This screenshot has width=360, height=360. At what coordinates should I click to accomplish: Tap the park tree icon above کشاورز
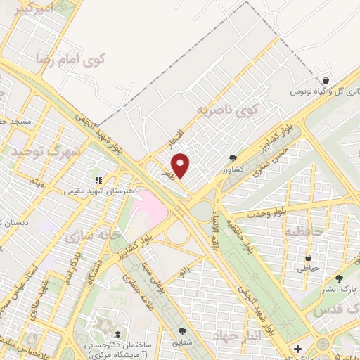pyautogui.click(x=233, y=158)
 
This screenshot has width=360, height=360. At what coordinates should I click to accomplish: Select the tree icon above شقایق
pyautogui.click(x=183, y=330)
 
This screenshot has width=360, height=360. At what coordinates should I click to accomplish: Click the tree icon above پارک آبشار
pyautogui.click(x=340, y=278)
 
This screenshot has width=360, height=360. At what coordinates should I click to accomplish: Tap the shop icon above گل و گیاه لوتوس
pyautogui.click(x=326, y=79)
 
